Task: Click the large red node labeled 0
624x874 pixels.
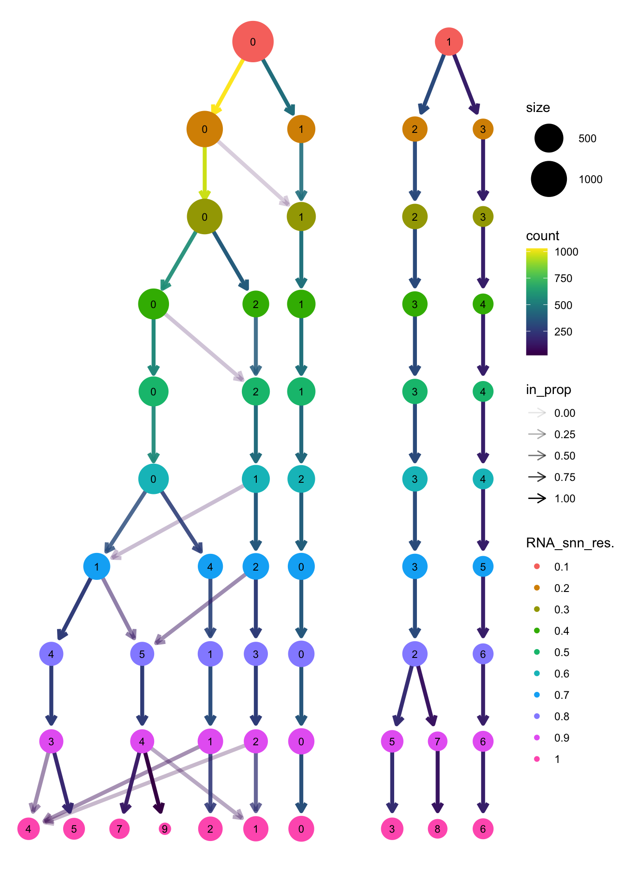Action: (253, 41)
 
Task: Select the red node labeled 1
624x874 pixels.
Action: (448, 41)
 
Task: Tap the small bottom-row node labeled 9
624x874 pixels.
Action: (164, 828)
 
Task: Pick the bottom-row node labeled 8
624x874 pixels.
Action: (437, 828)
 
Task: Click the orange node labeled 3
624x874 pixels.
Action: (483, 129)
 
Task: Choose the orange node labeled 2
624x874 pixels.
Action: (415, 129)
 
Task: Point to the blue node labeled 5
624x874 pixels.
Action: (483, 566)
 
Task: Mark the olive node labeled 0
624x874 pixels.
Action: (204, 217)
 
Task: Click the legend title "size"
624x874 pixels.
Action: (538, 108)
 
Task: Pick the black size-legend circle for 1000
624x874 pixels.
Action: (549, 179)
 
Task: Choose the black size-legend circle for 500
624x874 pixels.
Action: (549, 138)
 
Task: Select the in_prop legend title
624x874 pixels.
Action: (548, 389)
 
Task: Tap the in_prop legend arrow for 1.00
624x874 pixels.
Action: (537, 499)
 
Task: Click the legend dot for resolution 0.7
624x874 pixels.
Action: (537, 695)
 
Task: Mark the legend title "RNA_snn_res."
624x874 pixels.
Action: (570, 543)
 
